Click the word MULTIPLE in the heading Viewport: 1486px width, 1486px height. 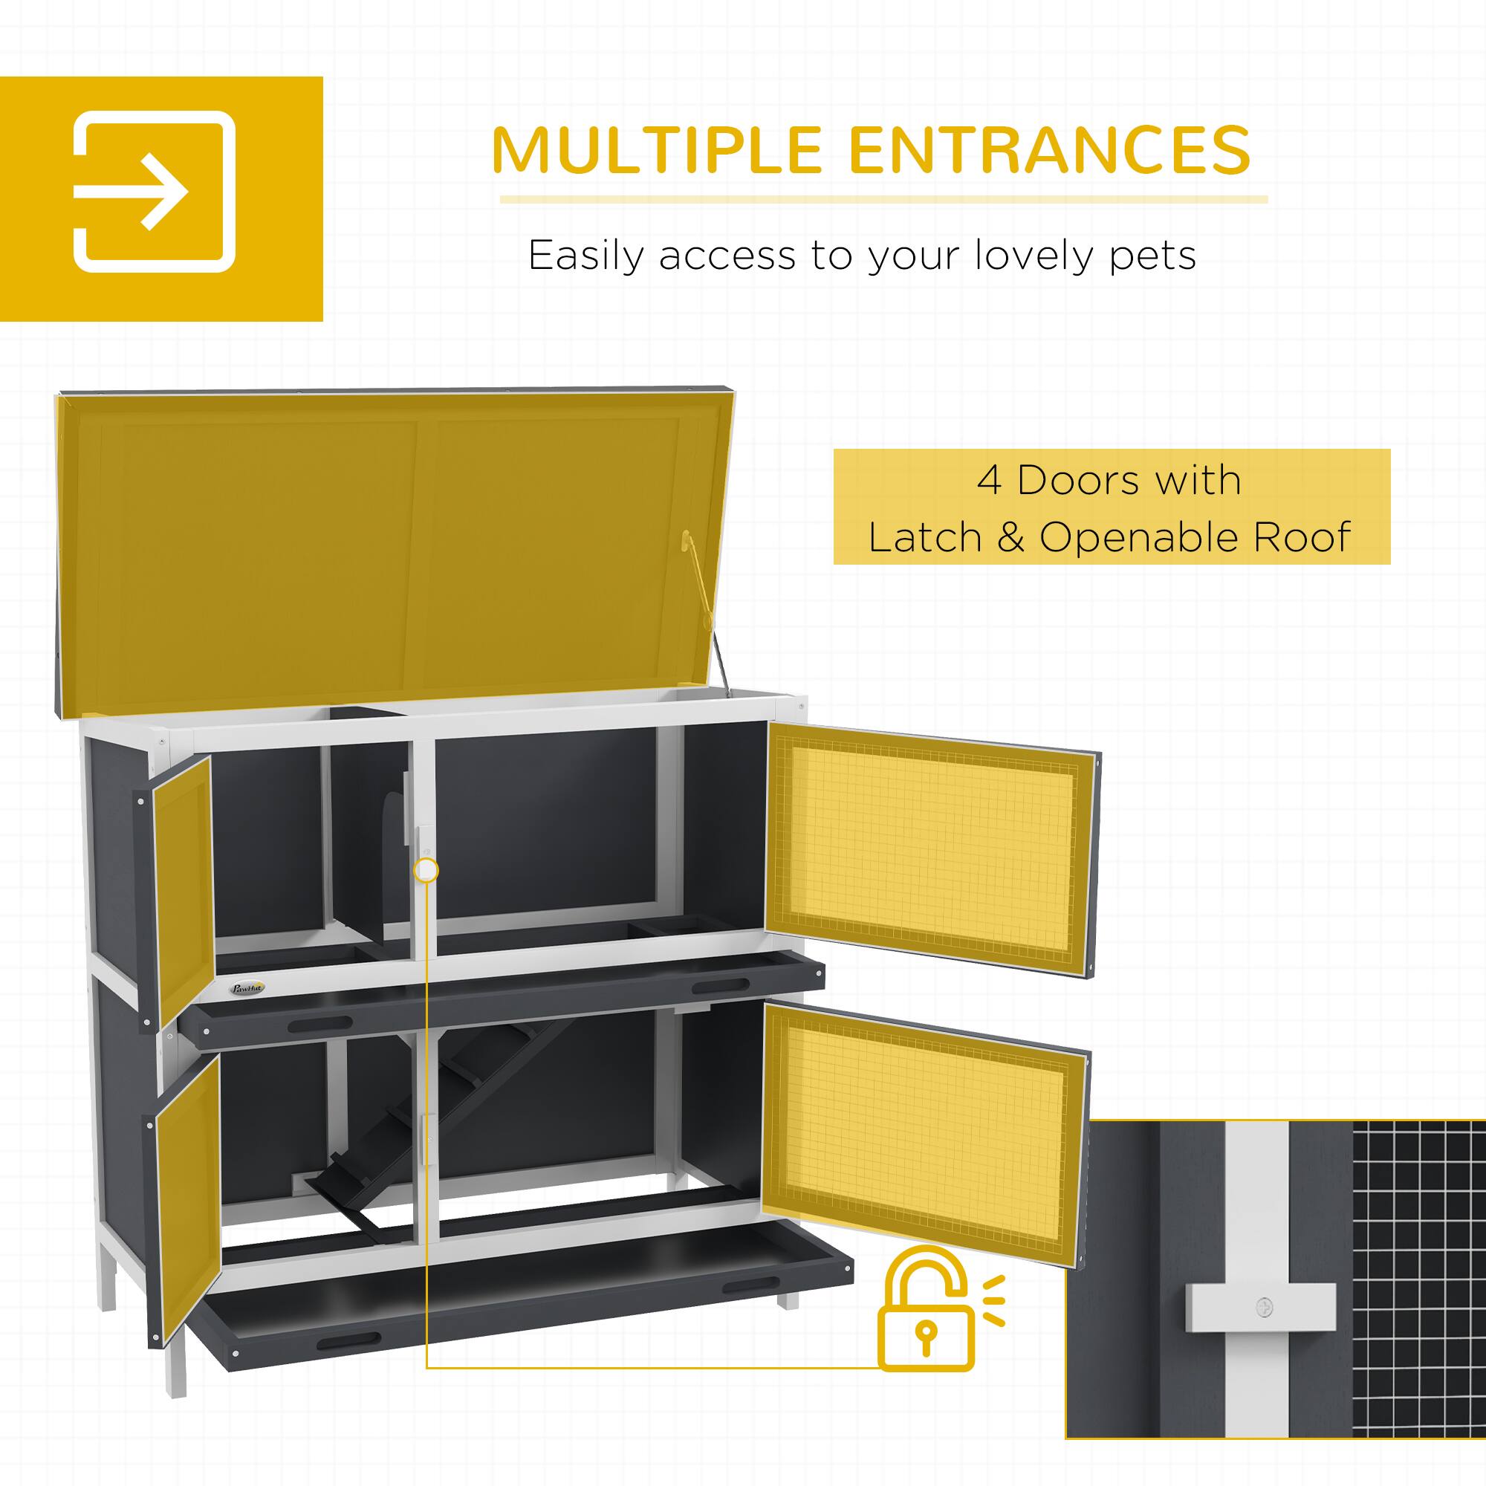657,150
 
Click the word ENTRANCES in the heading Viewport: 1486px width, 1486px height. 1050,150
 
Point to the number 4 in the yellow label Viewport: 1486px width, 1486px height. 989,481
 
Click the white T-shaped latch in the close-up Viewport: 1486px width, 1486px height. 1259,1307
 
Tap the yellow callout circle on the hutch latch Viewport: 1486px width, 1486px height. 425,871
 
